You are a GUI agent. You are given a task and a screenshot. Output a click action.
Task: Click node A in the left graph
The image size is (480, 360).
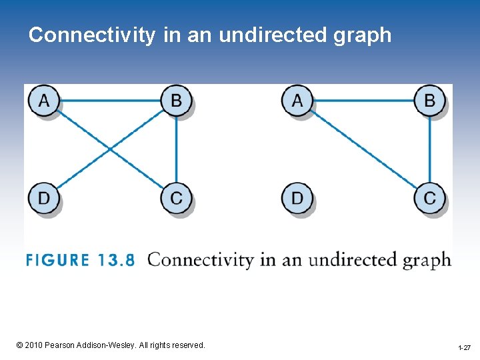pos(43,101)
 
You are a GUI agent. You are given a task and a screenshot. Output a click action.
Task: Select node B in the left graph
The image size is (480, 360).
pos(176,101)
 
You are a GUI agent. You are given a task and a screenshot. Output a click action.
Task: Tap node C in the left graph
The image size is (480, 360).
pos(176,198)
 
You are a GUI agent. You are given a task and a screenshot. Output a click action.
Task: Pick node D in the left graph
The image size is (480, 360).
pos(43,198)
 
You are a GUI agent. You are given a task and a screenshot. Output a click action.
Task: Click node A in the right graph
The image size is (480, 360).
pos(297,101)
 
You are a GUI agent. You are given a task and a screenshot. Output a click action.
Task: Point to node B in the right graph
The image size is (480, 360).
pos(430,101)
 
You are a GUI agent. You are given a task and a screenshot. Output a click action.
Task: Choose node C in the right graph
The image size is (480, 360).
pos(430,198)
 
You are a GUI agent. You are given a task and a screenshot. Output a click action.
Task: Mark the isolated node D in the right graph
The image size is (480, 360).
pos(297,198)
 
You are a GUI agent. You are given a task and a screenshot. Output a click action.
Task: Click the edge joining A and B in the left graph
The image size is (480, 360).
pos(110,101)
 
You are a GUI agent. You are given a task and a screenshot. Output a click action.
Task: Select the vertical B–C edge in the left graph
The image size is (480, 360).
pos(176,149)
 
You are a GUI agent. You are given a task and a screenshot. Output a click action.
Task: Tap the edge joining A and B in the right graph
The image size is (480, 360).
pos(363,101)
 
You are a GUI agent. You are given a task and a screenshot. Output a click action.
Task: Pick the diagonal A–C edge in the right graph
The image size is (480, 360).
pos(363,149)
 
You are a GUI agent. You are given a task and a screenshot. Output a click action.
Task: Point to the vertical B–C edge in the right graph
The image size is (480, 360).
pos(430,149)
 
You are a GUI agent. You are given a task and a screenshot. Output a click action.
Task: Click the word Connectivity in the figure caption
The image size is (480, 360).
pos(201,259)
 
